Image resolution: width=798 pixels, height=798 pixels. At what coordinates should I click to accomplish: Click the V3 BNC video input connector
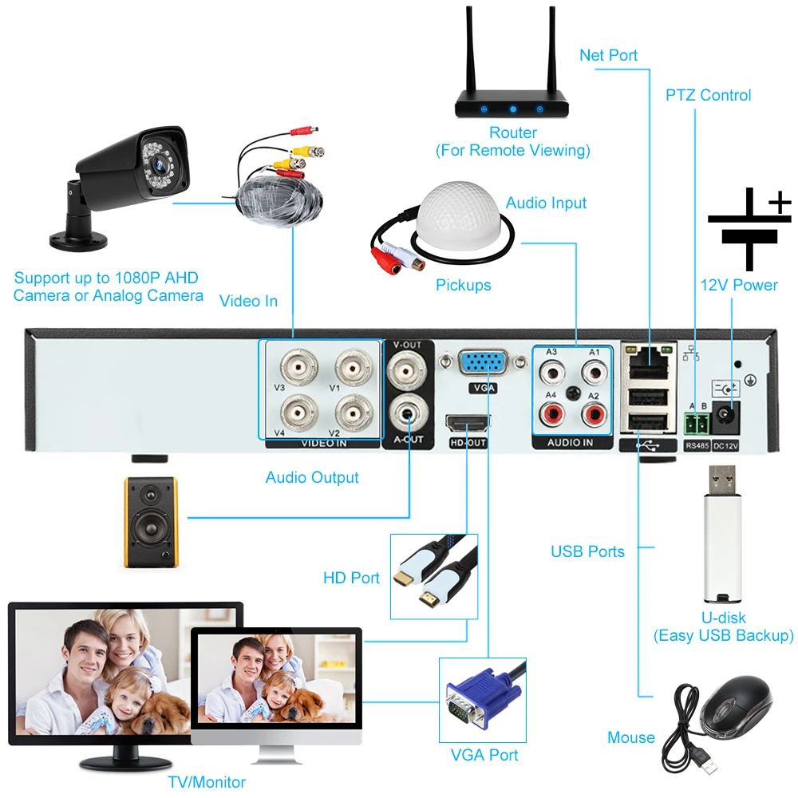click(x=296, y=369)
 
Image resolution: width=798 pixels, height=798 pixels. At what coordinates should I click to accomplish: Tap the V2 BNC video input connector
click(x=351, y=412)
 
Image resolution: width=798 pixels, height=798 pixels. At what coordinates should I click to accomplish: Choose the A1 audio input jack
click(x=593, y=371)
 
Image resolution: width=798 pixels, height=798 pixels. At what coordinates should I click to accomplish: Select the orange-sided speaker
click(x=150, y=521)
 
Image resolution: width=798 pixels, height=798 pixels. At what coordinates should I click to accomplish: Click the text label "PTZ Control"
click(x=708, y=95)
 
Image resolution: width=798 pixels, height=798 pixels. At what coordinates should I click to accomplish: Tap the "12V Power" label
click(x=738, y=285)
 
